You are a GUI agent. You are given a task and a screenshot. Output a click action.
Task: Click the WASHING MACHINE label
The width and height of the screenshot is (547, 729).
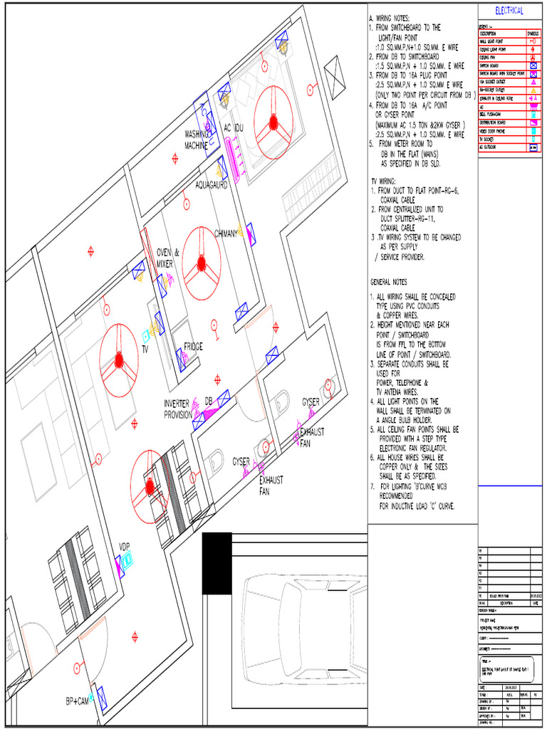pyautogui.click(x=197, y=139)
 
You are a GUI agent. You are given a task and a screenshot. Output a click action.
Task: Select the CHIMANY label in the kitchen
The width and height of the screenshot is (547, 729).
pyautogui.click(x=226, y=233)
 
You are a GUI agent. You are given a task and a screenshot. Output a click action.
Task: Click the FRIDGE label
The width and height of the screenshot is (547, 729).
pyautogui.click(x=193, y=347)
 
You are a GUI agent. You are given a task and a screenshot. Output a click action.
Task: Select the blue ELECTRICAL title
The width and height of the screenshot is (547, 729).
pyautogui.click(x=509, y=11)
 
